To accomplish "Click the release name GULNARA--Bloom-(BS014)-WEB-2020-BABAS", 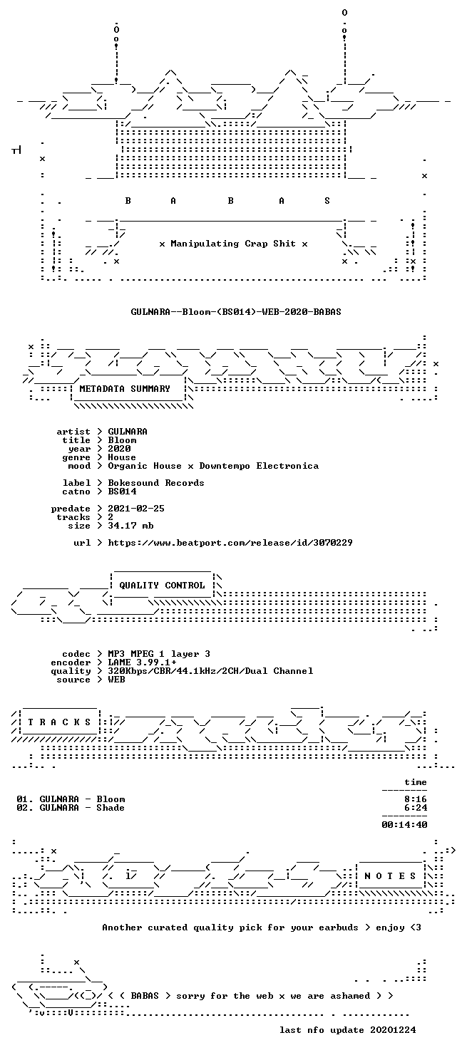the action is click(236, 312).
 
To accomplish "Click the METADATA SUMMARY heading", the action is click(125, 389).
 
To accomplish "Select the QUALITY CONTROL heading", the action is click(162, 586).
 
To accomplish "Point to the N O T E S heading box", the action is click(390, 876).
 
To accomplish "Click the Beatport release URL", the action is click(230, 543).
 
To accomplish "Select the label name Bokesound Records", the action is click(156, 483).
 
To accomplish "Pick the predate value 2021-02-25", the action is click(136, 509).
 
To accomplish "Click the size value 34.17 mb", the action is click(130, 526).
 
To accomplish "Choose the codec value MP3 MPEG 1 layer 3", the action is click(159, 654).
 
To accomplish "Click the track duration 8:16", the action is click(416, 799).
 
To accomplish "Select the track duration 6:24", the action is click(416, 808).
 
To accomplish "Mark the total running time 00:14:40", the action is click(404, 825).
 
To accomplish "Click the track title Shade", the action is click(111, 808).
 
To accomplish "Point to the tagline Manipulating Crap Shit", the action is click(233, 244).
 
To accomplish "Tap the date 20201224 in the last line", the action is click(393, 1030).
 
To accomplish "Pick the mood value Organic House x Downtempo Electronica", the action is click(213, 466).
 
